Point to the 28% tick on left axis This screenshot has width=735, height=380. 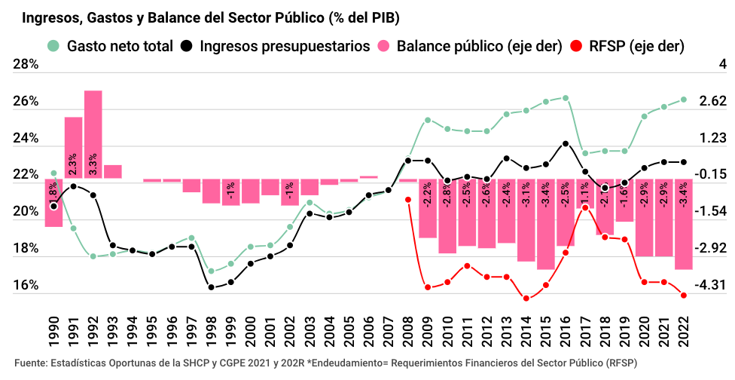(x=26, y=66)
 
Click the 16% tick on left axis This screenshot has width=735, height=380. (x=26, y=286)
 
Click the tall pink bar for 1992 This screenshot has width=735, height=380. (x=93, y=134)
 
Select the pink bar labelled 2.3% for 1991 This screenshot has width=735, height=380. (x=73, y=148)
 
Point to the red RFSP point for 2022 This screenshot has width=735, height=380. (x=684, y=296)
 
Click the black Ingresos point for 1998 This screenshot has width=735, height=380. (x=212, y=287)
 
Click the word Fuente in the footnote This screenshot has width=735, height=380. (x=29, y=363)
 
